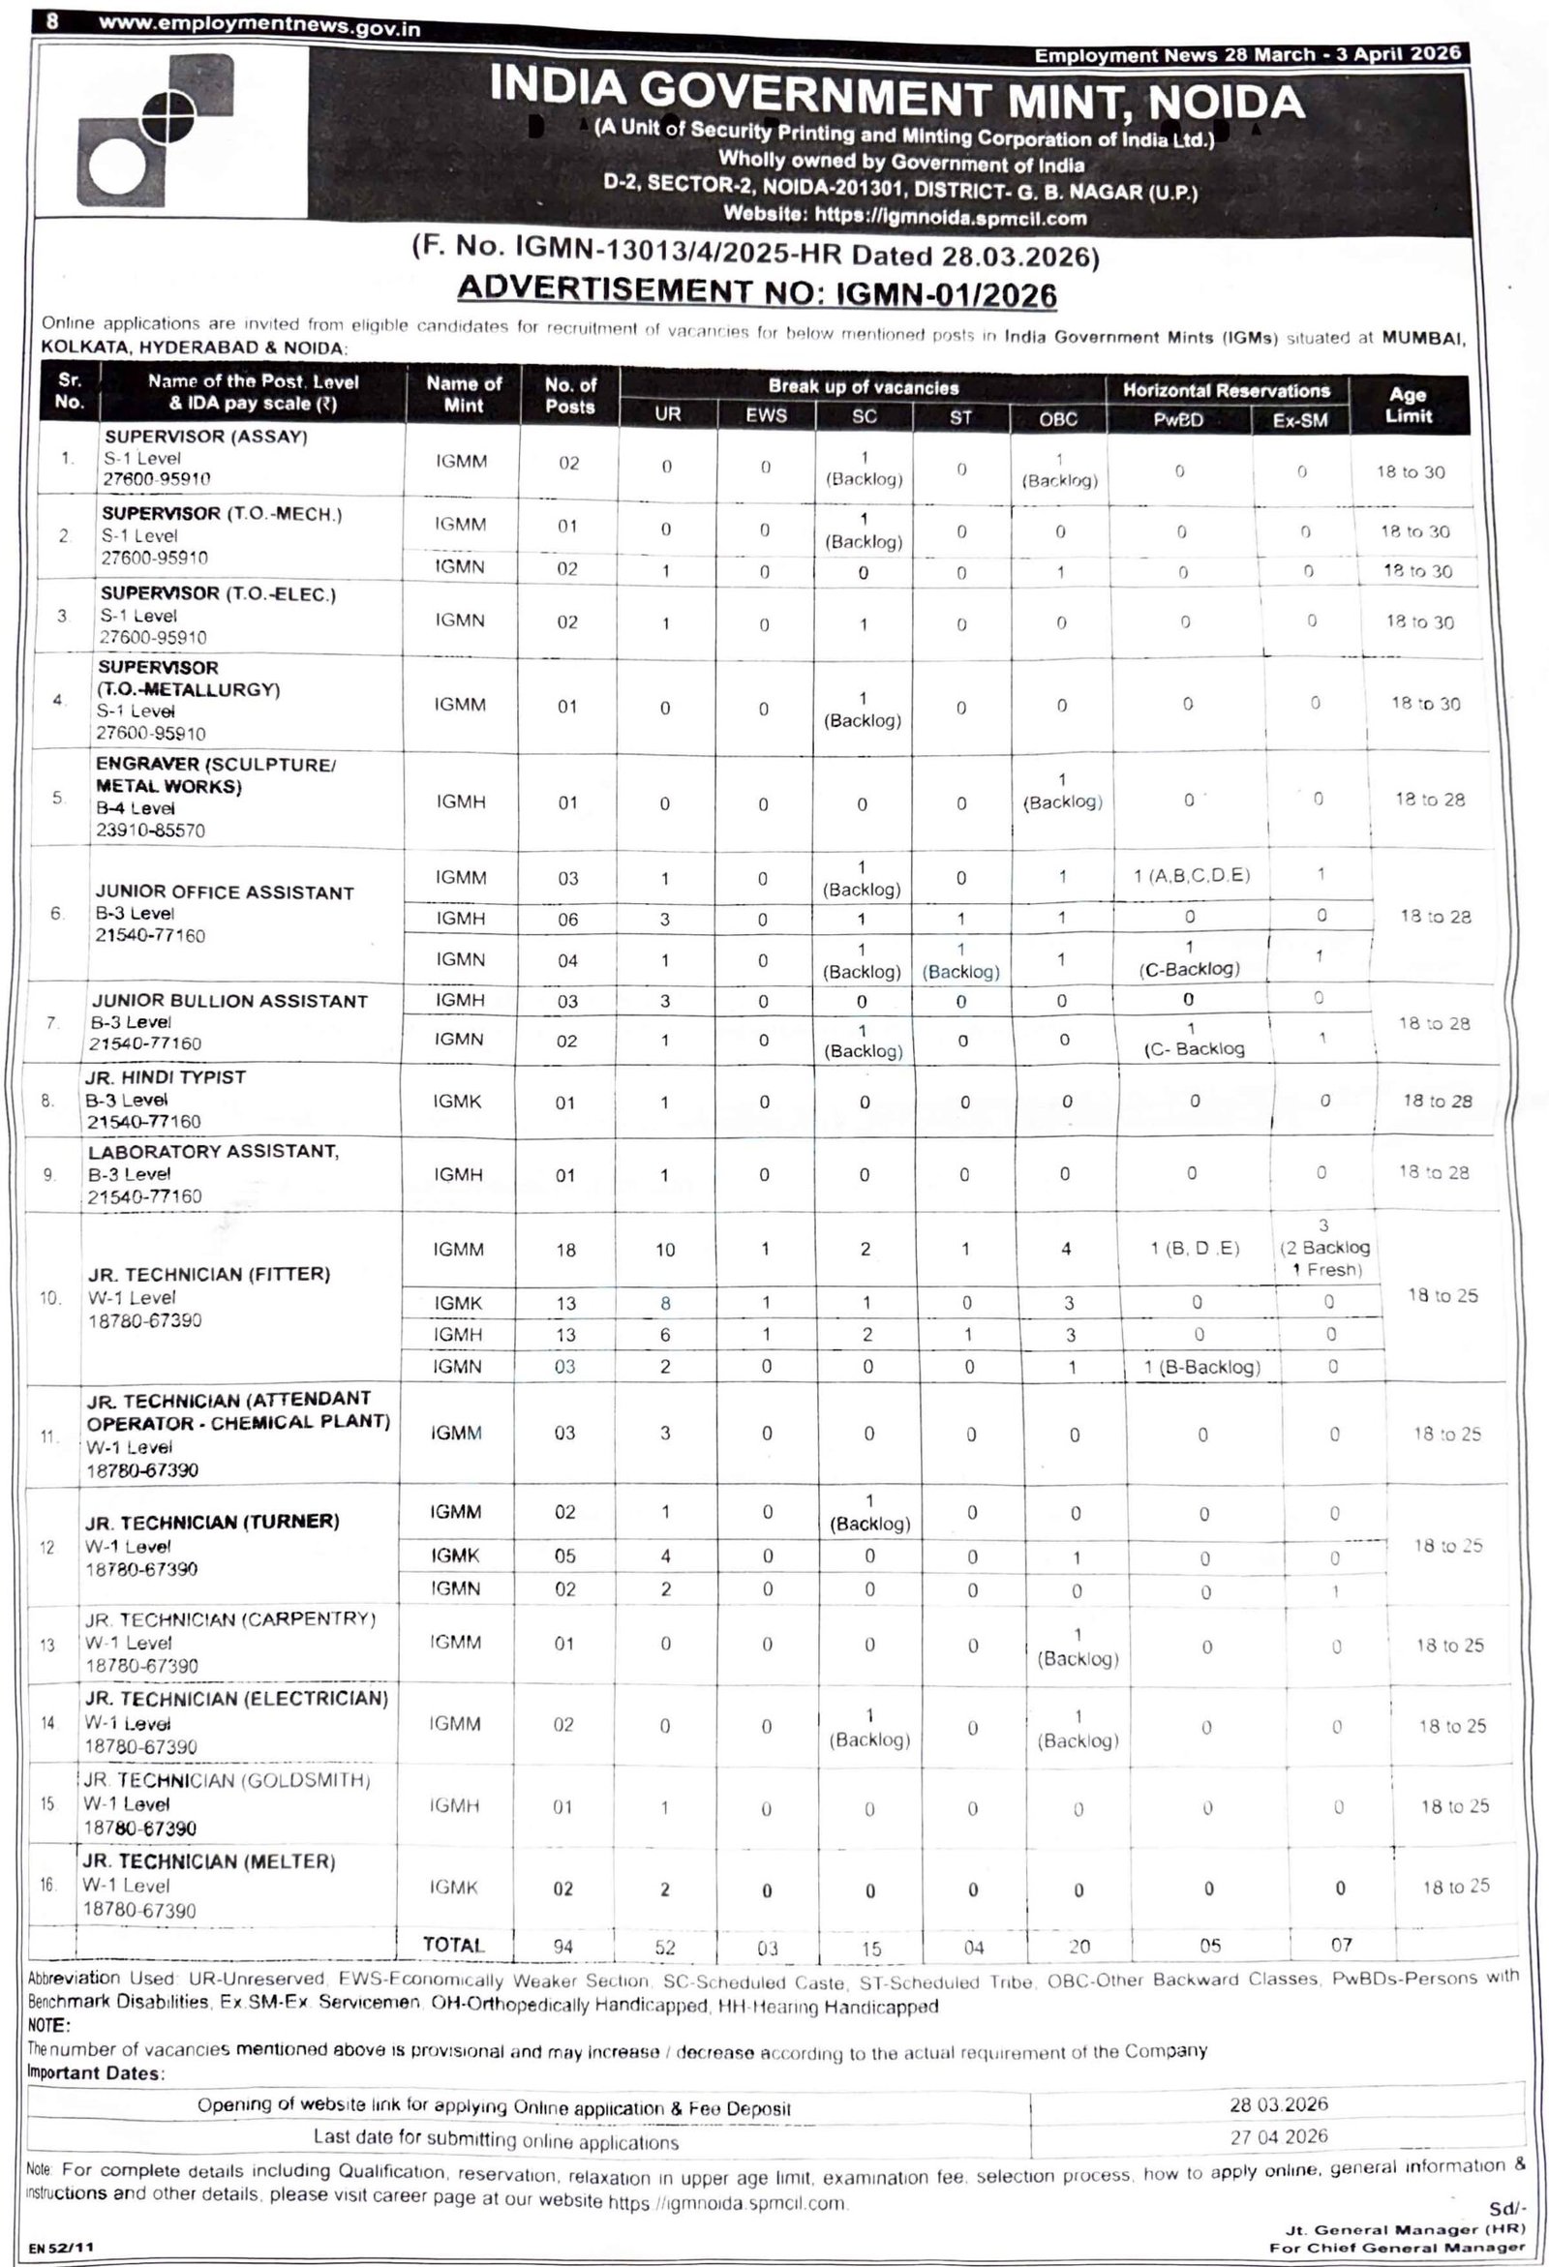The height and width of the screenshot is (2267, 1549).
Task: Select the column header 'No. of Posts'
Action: coord(569,395)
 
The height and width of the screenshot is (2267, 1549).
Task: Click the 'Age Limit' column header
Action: coord(1408,406)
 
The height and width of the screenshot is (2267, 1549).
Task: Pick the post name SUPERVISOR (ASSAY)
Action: coord(206,437)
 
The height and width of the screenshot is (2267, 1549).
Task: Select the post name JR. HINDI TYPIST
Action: coord(165,1077)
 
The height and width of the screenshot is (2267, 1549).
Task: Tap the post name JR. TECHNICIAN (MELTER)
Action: coord(210,1861)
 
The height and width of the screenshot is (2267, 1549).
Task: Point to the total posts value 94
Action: coord(563,1946)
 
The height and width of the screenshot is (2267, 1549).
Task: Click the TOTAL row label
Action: coord(454,1944)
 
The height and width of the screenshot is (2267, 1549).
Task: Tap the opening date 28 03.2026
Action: coord(1278,2104)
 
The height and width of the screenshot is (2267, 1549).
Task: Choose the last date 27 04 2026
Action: coord(1278,2136)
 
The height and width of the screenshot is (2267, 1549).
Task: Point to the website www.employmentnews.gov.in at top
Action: coord(259,26)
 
